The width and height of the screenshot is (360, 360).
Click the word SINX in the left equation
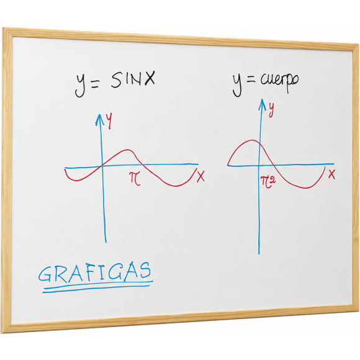click(133, 79)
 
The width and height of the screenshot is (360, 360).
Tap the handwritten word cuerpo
click(279, 82)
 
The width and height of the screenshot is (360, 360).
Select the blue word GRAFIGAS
click(94, 272)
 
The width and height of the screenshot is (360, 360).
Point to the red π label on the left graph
click(135, 178)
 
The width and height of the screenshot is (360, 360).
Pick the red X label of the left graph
click(200, 176)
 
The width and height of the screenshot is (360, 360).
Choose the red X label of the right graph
click(331, 174)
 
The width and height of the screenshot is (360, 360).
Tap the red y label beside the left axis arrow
click(109, 121)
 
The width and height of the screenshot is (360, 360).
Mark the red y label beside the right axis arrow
click(271, 110)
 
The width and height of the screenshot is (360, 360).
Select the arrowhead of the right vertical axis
click(262, 104)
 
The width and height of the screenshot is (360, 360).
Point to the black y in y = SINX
click(81, 84)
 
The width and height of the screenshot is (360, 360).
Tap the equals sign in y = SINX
click(95, 84)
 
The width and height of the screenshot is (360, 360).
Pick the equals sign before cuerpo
click(251, 80)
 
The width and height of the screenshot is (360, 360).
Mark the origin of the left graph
click(102, 166)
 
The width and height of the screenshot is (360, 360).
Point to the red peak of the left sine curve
click(126, 150)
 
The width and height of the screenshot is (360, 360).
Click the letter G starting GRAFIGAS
click(45, 274)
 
